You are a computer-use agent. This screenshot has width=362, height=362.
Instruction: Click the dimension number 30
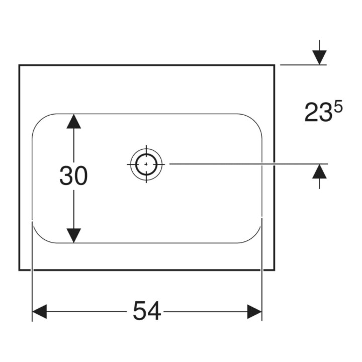(x=73, y=175)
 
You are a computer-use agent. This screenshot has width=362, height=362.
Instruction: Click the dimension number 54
(x=147, y=311)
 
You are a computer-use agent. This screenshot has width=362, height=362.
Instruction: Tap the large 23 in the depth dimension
(x=318, y=113)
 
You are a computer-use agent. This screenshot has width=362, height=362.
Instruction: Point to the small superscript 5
(x=338, y=108)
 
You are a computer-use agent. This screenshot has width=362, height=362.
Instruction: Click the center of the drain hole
(x=146, y=164)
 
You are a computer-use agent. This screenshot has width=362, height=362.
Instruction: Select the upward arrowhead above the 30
(x=73, y=121)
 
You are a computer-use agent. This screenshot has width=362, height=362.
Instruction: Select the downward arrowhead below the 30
(x=73, y=235)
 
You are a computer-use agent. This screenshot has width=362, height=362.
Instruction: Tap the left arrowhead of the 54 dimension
(x=40, y=311)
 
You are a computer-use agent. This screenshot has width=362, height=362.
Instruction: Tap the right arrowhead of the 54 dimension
(x=254, y=311)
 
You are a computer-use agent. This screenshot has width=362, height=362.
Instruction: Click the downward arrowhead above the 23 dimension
(x=320, y=57)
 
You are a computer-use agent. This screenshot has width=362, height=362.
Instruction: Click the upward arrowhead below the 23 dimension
(x=320, y=171)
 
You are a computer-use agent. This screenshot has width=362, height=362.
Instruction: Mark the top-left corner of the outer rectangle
(x=20, y=65)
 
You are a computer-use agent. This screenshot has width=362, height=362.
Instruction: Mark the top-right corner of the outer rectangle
(x=275, y=65)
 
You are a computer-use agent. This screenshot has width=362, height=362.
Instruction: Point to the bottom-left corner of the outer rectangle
(x=20, y=269)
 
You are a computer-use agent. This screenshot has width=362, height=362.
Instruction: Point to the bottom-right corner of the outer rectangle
(x=275, y=269)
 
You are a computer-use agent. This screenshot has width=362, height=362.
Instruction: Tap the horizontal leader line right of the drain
(x=249, y=164)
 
